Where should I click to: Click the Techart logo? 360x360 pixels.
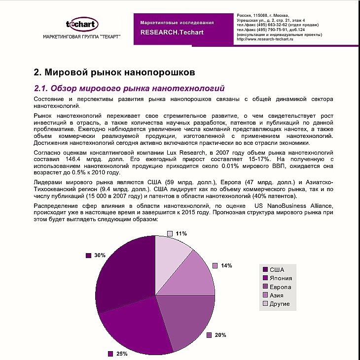point(82,24)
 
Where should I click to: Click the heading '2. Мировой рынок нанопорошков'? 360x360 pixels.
point(114,72)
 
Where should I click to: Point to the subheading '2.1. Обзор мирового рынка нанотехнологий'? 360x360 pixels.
point(129,89)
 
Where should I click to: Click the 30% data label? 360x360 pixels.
point(100,255)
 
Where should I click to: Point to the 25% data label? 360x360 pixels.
point(122,354)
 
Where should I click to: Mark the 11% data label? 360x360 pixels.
point(181,233)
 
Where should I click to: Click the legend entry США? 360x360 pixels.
point(276,269)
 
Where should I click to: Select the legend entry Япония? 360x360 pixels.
point(280,278)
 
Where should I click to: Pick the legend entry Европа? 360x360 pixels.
point(280,287)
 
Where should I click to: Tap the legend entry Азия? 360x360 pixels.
point(276,295)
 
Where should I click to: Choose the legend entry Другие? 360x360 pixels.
point(279,304)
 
